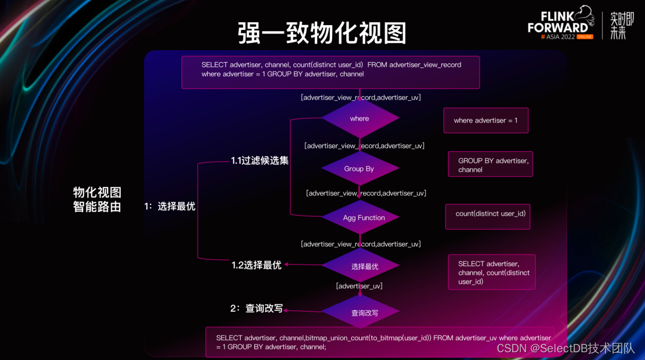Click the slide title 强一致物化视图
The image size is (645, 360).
322,33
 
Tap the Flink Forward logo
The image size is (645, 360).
561,23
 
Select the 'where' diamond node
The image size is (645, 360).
360,118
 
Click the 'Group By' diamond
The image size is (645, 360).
360,169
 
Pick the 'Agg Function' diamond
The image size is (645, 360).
360,217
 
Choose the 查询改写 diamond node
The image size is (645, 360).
360,312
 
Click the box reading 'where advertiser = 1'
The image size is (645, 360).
486,121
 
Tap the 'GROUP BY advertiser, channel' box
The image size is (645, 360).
490,164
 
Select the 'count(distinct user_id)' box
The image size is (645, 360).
488,217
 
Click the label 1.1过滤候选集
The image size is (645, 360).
260,161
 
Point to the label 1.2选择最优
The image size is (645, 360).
256,265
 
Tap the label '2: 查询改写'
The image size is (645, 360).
256,308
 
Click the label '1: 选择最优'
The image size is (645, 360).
170,206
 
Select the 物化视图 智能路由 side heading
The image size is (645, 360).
97,199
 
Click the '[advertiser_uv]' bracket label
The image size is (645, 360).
359,286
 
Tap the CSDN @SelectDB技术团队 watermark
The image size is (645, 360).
566,349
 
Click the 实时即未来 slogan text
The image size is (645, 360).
622,26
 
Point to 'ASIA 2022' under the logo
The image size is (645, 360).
560,36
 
